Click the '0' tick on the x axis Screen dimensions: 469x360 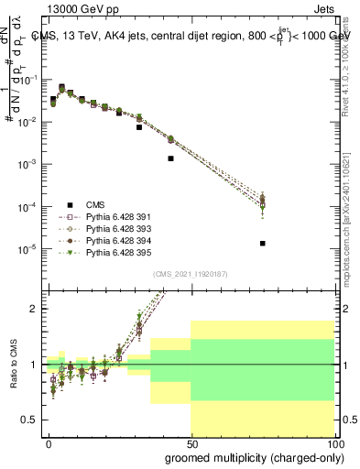tap(49, 442)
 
